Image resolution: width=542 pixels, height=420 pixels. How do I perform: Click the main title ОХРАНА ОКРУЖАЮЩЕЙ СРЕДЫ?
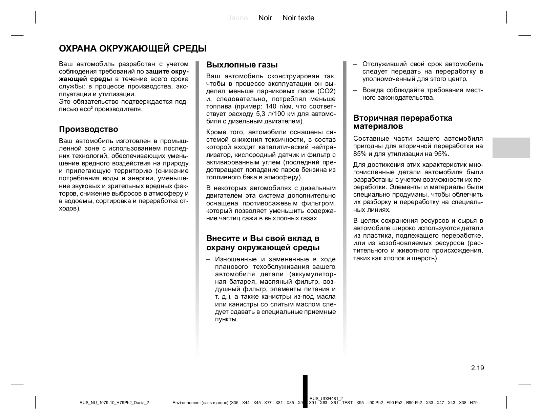point(133,48)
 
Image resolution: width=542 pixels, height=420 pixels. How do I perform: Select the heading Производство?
point(88,129)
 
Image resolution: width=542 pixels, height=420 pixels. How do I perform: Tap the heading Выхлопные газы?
point(242,65)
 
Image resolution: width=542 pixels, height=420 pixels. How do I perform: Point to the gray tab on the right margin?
point(511,148)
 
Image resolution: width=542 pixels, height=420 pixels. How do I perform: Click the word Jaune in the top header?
point(238,18)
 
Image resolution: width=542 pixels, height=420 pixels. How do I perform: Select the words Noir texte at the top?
point(298,18)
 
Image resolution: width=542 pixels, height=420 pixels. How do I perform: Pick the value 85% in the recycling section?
point(359,154)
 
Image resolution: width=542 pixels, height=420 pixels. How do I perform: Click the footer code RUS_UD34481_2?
point(326,398)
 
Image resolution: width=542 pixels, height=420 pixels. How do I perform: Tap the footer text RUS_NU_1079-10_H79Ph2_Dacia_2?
point(114,403)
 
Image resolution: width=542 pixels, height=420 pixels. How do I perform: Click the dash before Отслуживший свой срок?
point(355,64)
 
